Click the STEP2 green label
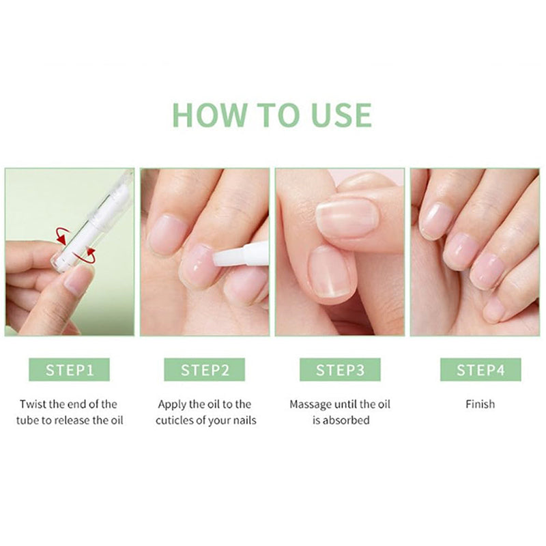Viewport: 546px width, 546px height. [x=205, y=370]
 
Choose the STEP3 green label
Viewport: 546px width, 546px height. [x=340, y=370]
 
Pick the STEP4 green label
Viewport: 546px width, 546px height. [x=480, y=370]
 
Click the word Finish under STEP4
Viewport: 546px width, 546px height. [x=480, y=404]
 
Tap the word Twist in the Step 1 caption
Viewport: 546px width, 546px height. [x=33, y=404]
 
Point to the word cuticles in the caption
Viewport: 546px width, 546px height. [x=182, y=420]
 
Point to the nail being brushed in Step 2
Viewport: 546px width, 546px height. [x=198, y=266]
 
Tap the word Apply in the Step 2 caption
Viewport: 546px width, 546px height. [x=172, y=404]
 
